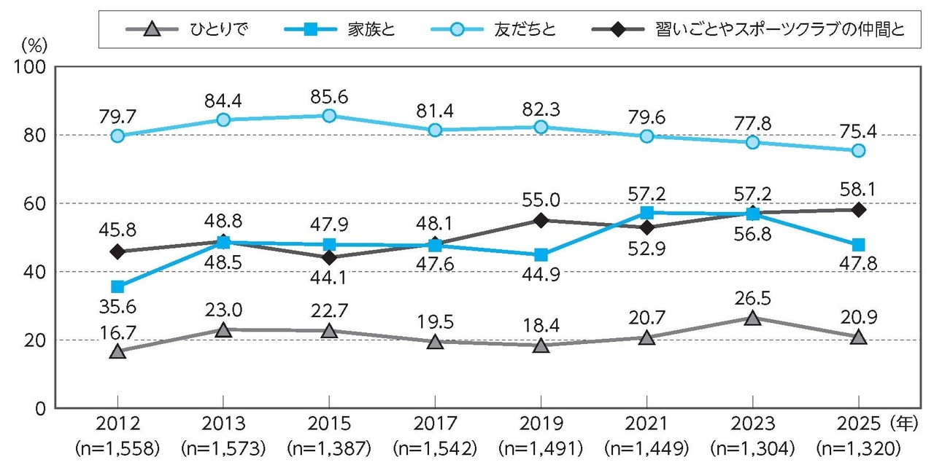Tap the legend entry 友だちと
tap(524, 30)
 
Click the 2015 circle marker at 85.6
tap(329, 116)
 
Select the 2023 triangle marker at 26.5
tap(752, 318)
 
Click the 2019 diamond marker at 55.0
tap(541, 220)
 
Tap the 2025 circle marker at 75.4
tap(859, 151)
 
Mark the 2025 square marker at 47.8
tap(859, 245)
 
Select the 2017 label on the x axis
tap(435, 424)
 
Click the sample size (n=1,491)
tap(541, 446)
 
